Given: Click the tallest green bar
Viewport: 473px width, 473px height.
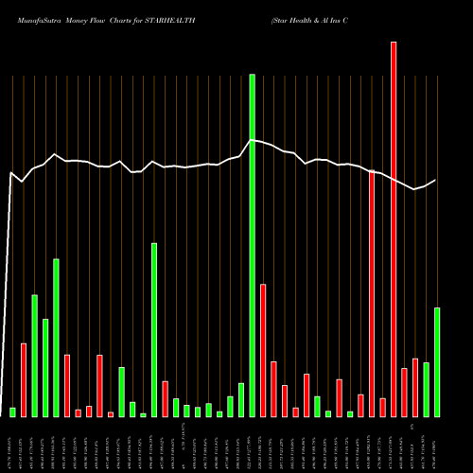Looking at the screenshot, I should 253,245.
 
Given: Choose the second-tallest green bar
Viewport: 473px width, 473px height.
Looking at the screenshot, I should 56,338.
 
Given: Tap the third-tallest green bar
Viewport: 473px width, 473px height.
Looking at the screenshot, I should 154,329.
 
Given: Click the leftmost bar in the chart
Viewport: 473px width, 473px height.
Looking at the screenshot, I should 13,412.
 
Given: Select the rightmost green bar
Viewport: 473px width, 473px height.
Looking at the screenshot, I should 437,361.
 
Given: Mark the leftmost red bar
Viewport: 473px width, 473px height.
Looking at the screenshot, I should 24,379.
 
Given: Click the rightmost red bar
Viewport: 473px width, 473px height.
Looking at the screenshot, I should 415,387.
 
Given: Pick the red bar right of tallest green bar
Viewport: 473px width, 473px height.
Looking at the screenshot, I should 263,350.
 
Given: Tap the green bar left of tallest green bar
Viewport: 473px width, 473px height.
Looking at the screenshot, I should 241,399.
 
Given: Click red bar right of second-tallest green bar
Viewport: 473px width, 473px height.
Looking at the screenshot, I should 67,385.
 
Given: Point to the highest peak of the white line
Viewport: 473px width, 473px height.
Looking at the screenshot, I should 253,140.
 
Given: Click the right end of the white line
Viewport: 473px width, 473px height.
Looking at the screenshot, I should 436,180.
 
